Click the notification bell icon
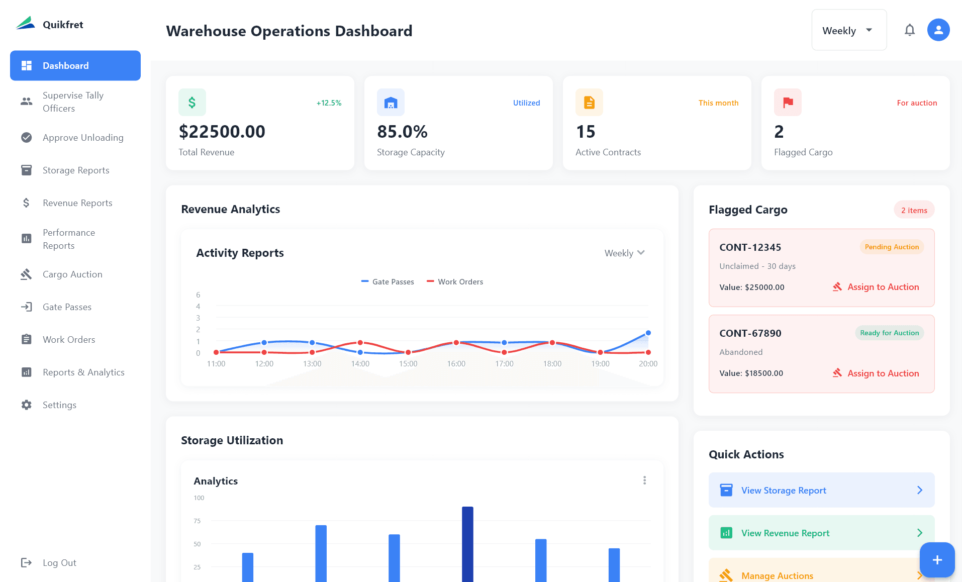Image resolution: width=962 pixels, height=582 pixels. tap(909, 30)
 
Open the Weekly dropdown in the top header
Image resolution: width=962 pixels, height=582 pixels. tap(848, 31)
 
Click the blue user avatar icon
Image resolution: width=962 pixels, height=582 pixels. tap(938, 30)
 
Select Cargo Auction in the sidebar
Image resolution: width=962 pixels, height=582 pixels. tap(72, 274)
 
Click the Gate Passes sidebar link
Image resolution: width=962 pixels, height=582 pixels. tap(67, 307)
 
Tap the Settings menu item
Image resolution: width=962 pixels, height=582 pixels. tap(59, 405)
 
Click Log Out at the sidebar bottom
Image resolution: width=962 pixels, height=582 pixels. tap(59, 563)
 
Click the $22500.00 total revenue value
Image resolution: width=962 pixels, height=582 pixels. tap(222, 132)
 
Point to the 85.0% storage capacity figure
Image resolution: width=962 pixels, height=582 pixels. tap(402, 132)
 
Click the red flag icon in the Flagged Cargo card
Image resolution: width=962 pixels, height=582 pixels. tap(788, 103)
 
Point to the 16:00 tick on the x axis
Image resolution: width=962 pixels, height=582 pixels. tap(456, 364)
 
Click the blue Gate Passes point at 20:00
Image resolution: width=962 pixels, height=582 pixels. tap(648, 333)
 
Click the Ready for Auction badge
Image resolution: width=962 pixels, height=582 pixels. tap(889, 333)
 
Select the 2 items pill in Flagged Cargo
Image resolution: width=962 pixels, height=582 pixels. tap(914, 210)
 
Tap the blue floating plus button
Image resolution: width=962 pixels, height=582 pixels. tap(937, 560)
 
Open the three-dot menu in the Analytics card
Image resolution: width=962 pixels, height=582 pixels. tap(644, 480)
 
